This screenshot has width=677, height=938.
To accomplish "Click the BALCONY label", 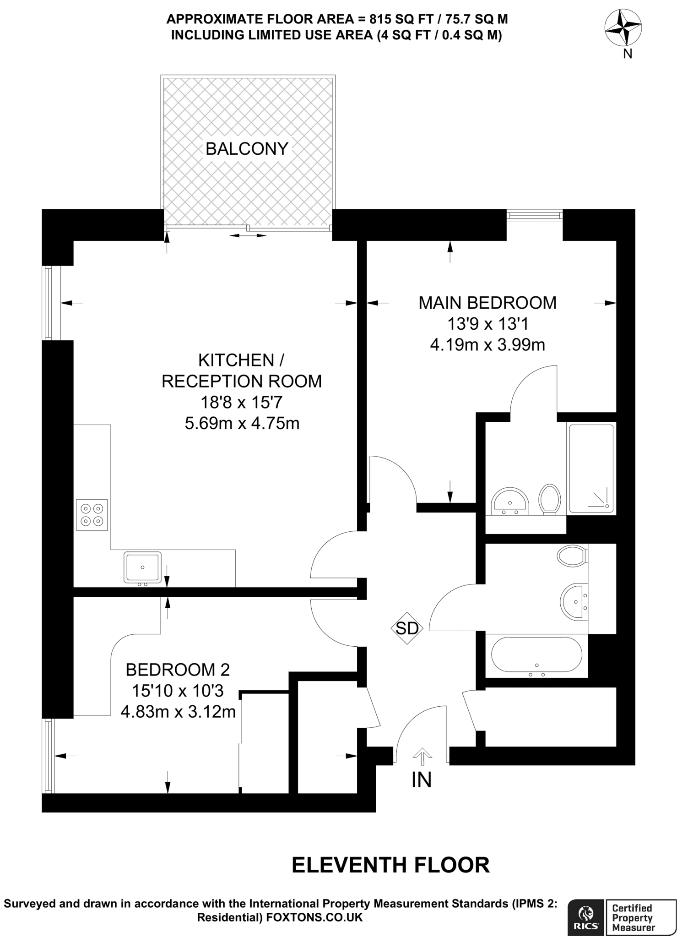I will point(247,149).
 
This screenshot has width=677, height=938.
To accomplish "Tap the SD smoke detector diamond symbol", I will point(407,628).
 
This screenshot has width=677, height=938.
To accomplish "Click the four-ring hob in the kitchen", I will point(92,515).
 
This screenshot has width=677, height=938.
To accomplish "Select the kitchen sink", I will point(142,567).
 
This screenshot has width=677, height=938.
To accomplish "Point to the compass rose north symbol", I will point(623,28).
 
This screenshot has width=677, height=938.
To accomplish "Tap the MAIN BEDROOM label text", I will point(487,303).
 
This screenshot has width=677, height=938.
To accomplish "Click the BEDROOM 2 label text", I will point(178,670).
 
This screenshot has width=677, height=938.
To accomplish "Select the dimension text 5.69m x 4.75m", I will point(242,423).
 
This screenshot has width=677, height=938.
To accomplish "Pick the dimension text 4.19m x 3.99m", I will point(487,344).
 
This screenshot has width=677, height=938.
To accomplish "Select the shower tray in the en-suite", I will point(590,468).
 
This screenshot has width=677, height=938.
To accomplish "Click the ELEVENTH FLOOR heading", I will point(390,865).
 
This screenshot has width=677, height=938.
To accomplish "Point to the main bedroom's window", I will point(534,215).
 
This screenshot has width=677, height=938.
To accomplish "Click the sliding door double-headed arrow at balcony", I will point(248,235).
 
